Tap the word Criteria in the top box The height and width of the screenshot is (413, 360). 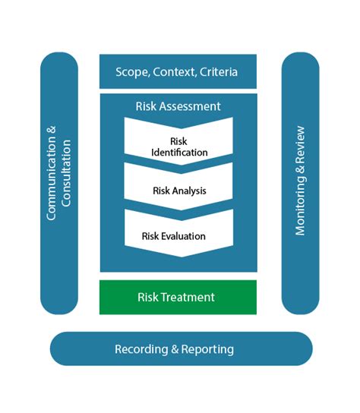click(219, 72)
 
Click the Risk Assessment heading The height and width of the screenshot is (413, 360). click(178, 106)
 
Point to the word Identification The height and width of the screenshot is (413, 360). click(179, 153)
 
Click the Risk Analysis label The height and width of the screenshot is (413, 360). click(179, 191)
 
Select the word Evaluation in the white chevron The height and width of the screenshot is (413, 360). click(183, 236)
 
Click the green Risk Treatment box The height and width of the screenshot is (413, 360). click(178, 297)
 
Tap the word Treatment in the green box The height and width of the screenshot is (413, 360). click(188, 297)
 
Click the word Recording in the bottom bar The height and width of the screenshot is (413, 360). click(141, 349)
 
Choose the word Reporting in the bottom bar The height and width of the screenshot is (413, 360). click(207, 349)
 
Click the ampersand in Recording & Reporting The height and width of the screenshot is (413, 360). click(175, 349)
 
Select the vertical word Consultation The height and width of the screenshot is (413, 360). click(66, 173)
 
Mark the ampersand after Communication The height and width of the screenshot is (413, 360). click(51, 131)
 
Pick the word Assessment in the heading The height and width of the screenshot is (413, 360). click(190, 106)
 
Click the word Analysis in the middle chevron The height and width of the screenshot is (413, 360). click(188, 191)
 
